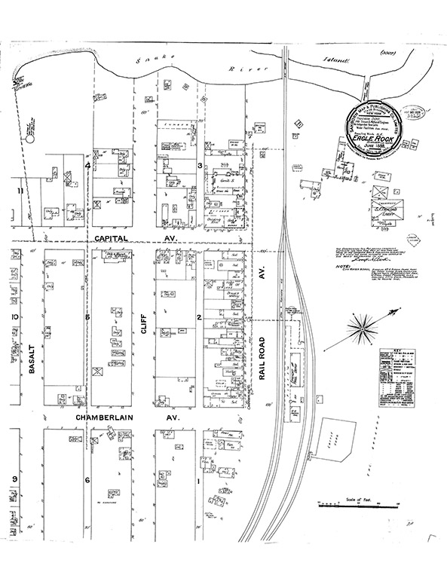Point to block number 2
tap(200, 317)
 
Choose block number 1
tap(200, 480)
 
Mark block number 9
tap(13, 480)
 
